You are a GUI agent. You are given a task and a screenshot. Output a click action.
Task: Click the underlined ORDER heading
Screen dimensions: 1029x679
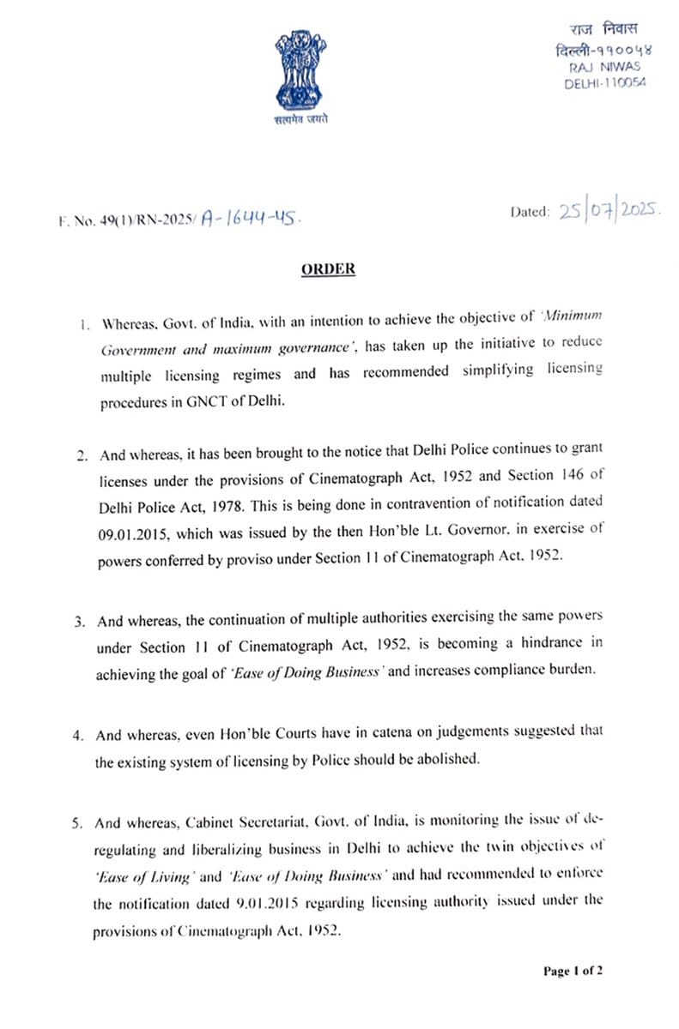click(x=328, y=269)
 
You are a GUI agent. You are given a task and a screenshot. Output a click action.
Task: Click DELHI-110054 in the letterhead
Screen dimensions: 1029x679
click(x=604, y=82)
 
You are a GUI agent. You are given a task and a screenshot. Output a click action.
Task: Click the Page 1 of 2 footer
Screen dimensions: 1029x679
click(x=573, y=971)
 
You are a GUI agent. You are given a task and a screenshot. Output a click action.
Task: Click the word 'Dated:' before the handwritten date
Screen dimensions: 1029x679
click(x=530, y=212)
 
